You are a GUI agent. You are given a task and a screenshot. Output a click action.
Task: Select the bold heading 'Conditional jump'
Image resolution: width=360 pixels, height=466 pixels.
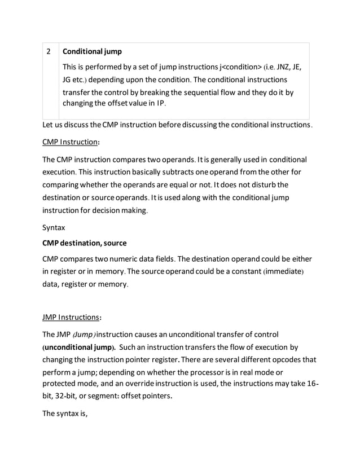pyautogui.click(x=92, y=52)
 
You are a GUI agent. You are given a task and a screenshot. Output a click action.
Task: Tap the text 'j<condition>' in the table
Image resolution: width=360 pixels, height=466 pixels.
pyautogui.click(x=233, y=67)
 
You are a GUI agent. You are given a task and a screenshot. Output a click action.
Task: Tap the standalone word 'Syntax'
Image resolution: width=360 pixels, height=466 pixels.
pyautogui.click(x=54, y=228)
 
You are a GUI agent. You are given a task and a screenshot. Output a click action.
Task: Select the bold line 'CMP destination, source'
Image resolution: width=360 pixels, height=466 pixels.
pyautogui.click(x=85, y=243)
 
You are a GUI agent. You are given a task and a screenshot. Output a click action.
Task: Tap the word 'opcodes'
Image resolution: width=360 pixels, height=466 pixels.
pyautogui.click(x=288, y=359)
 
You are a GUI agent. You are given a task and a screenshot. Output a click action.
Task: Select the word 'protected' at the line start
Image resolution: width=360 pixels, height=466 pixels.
pyautogui.click(x=62, y=385)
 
